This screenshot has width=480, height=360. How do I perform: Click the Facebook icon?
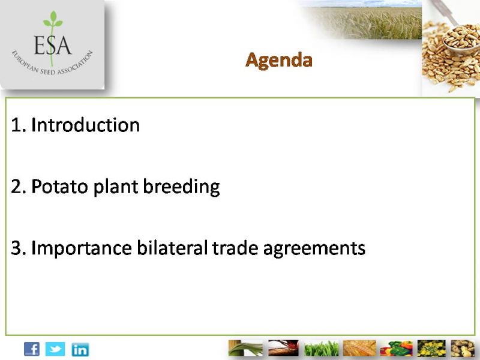pyautogui.click(x=32, y=349)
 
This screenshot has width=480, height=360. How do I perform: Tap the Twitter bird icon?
pyautogui.click(x=55, y=349)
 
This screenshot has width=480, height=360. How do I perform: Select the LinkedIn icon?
pyautogui.click(x=80, y=349)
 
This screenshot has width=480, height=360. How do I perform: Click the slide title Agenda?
pyautogui.click(x=279, y=61)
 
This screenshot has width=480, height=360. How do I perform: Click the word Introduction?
pyautogui.click(x=85, y=125)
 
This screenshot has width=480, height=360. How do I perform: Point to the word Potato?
pyautogui.click(x=59, y=186)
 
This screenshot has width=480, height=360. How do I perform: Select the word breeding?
pyautogui.click(x=181, y=187)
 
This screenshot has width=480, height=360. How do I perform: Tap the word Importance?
pyautogui.click(x=82, y=248)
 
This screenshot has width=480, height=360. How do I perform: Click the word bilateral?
pyautogui.click(x=172, y=247)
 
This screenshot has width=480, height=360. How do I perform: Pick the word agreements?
pyautogui.click(x=314, y=249)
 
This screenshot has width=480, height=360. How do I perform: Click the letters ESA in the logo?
pyautogui.click(x=52, y=45)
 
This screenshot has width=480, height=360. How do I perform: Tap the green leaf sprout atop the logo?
pyautogui.click(x=53, y=20)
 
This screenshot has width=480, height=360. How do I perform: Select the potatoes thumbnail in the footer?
pyautogui.click(x=463, y=349)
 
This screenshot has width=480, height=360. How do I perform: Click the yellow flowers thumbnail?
pyautogui.click(x=431, y=349)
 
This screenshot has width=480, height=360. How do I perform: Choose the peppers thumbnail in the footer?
pyautogui.click(x=396, y=349)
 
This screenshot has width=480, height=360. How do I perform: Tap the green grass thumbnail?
pyautogui.click(x=322, y=349)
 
